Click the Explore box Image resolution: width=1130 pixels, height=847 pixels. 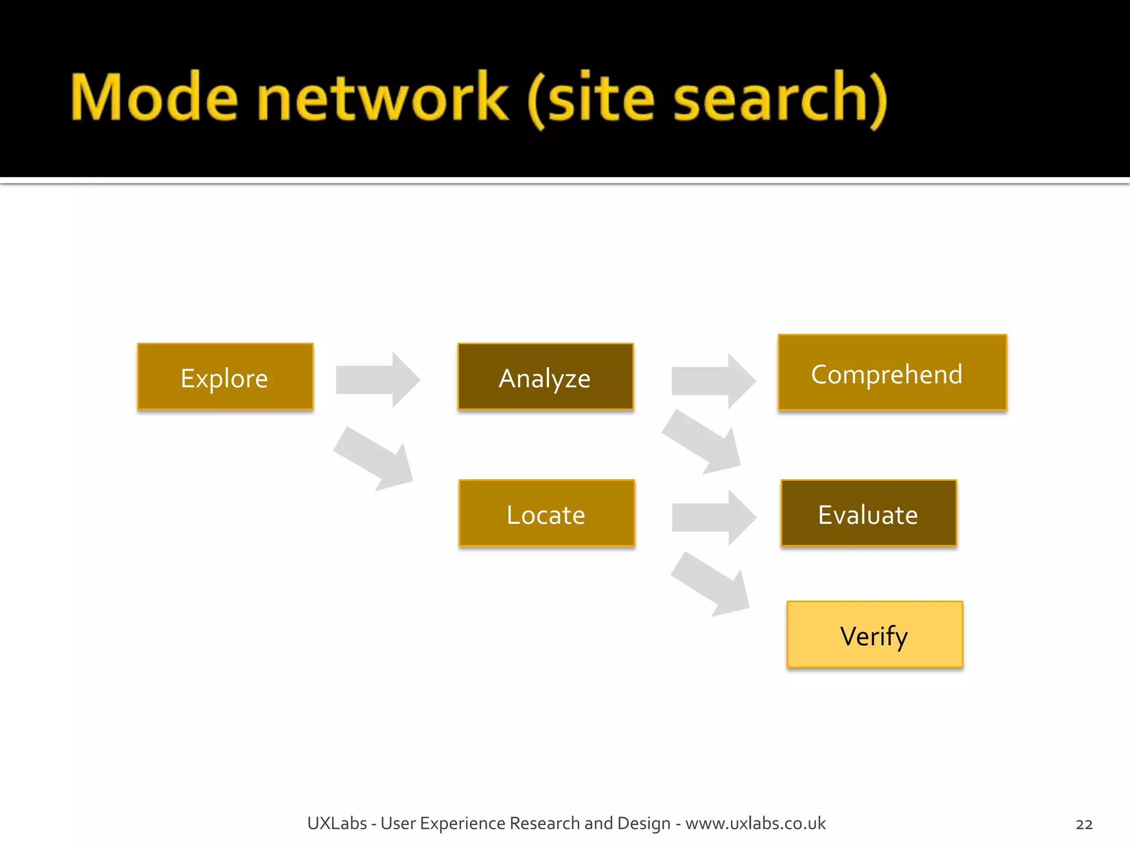coord(225,377)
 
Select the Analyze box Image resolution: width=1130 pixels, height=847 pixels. coord(545,377)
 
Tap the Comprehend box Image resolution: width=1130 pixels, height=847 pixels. coord(892,373)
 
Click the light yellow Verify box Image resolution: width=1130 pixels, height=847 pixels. coord(875,635)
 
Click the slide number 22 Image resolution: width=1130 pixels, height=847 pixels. coord(1084,824)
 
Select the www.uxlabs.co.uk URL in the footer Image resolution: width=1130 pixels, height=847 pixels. coord(755,823)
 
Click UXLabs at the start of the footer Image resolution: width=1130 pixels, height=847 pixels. coord(337,823)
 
